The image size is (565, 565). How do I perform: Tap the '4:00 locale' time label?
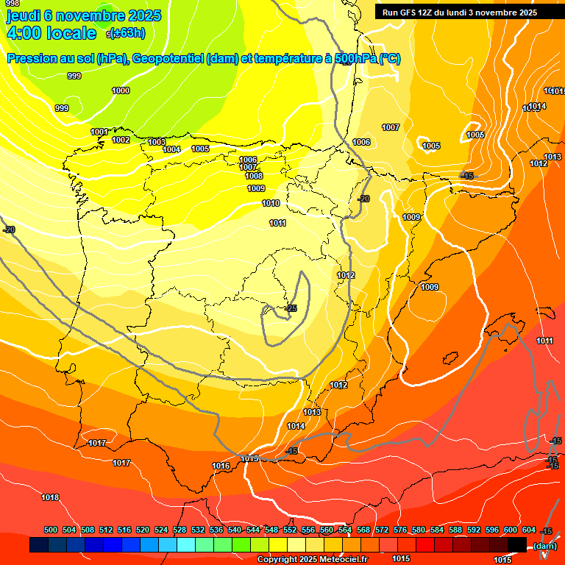[x=51, y=33]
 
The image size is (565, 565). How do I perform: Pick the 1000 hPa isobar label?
[x=121, y=90]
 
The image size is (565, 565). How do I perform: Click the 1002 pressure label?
[x=121, y=140]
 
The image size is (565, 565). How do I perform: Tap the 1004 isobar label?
[x=171, y=149]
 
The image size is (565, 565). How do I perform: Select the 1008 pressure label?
[x=254, y=176]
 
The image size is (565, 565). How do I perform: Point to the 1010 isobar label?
[x=271, y=203]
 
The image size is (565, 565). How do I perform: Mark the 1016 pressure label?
[x=221, y=466]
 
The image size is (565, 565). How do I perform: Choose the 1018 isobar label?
[x=50, y=497]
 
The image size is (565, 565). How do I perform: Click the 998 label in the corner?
[x=13, y=4]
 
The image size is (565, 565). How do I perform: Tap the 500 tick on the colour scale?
[x=51, y=530]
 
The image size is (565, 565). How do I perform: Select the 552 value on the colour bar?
[x=290, y=530]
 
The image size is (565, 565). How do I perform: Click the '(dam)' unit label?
[x=544, y=545]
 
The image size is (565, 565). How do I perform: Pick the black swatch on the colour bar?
[x=517, y=544]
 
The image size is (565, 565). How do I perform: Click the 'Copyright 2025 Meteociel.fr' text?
[x=312, y=560]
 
